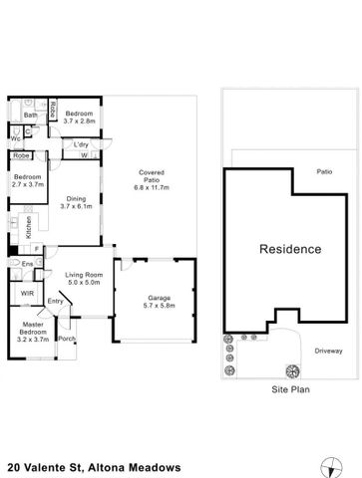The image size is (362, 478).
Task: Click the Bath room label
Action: (31, 116)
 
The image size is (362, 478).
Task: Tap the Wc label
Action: (17, 138)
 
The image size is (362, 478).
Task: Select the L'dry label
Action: (81, 145)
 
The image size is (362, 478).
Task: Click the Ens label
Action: (28, 264)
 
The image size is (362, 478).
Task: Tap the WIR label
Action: (27, 294)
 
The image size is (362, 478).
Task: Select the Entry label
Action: (55, 302)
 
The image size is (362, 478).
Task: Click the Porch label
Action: (67, 339)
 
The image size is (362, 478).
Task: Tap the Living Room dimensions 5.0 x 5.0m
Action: (84, 282)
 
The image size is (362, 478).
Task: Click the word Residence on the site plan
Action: (290, 249)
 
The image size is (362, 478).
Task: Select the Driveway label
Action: (328, 351)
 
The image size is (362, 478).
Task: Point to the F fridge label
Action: (37, 248)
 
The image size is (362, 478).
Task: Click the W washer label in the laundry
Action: (84, 155)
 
